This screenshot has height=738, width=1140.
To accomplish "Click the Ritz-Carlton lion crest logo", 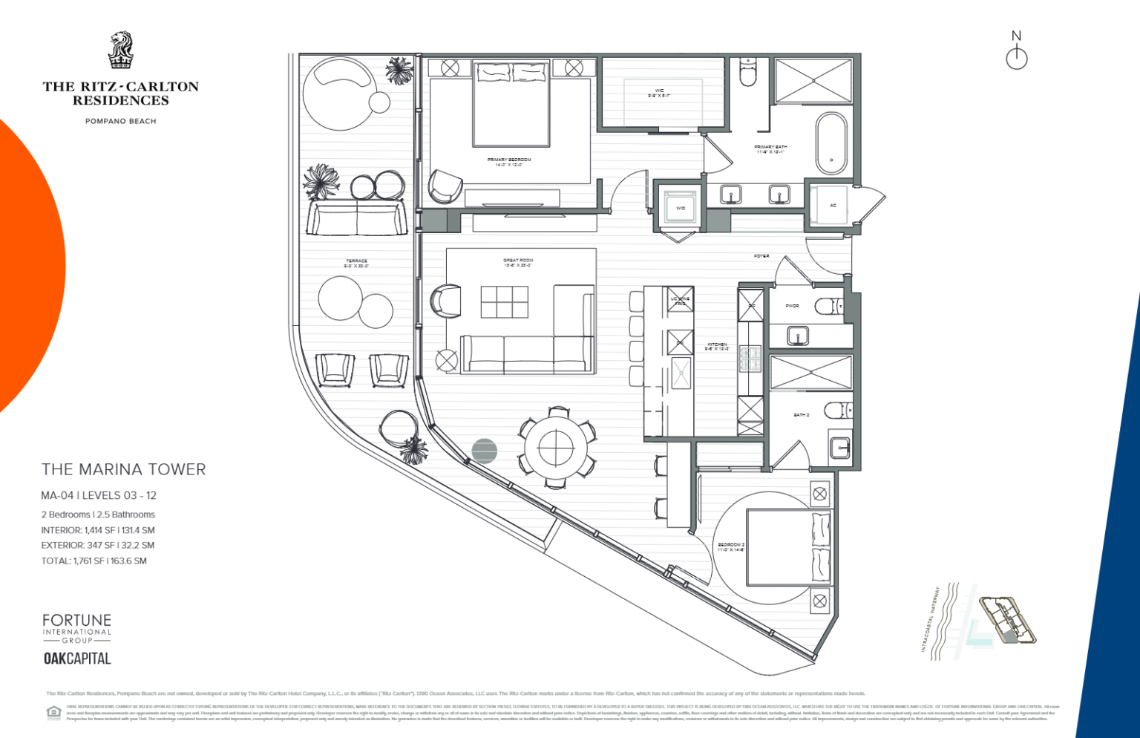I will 120,50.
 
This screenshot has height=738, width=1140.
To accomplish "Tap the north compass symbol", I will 1016,52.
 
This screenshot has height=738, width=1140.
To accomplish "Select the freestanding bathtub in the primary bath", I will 831,143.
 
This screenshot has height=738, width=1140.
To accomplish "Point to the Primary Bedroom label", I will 509,162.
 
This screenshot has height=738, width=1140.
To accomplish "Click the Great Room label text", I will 518,263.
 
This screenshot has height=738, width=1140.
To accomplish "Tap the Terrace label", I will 356,263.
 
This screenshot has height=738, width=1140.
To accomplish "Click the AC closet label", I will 833,205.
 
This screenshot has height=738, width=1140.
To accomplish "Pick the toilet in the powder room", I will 828,305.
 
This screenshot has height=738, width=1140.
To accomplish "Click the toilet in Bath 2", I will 838,410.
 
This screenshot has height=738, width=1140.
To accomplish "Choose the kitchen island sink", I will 681,373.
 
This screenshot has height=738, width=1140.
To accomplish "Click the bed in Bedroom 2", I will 787,547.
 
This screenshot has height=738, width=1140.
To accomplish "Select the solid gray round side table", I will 484,450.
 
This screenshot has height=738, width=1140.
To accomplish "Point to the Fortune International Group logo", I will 76,628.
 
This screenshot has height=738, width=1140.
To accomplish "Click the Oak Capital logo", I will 77,659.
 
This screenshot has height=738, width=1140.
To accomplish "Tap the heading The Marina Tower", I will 123,469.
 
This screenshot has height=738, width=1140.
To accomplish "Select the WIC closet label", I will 659,93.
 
